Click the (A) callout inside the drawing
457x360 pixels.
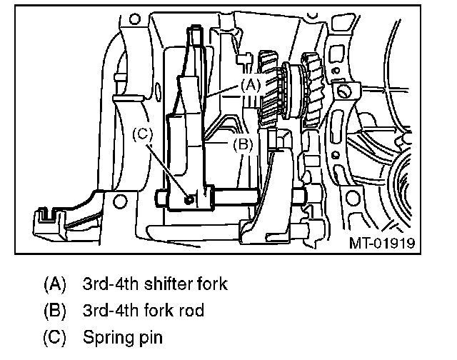[x=248, y=84]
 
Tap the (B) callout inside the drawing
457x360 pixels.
[x=243, y=144]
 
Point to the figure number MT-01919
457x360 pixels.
[x=382, y=242]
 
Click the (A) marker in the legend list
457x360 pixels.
[x=55, y=284]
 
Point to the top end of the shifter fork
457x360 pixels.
[x=195, y=32]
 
